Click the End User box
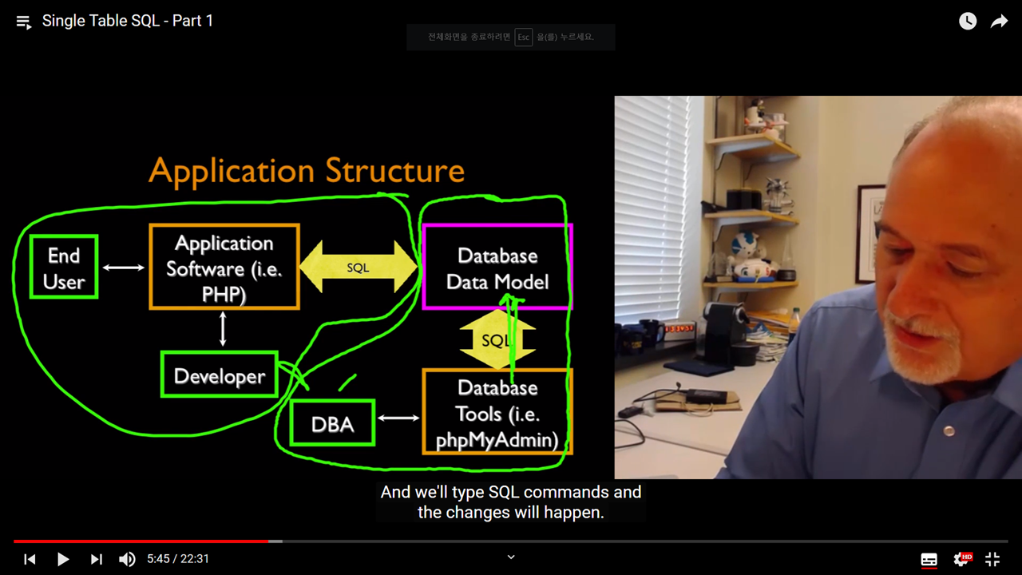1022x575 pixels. [x=63, y=268]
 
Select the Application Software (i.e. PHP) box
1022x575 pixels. [x=224, y=268]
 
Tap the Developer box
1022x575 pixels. [x=219, y=375]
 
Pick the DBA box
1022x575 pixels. [x=332, y=423]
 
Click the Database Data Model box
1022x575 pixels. [x=497, y=268]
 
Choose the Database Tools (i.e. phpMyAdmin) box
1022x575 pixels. [x=497, y=413]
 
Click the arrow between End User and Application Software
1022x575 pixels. [x=124, y=268]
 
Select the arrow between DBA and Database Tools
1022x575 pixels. [x=398, y=418]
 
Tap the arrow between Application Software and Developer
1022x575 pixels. [x=223, y=329]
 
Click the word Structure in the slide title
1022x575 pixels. [x=394, y=171]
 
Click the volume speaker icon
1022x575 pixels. [x=127, y=559]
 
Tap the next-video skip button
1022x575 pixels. [x=96, y=559]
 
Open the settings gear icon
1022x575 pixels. [x=962, y=559]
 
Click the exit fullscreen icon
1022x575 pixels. [x=992, y=559]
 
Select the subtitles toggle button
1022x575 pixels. [x=929, y=559]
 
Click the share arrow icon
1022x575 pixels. [x=999, y=22]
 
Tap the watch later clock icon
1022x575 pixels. [x=968, y=22]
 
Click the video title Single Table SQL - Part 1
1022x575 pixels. [x=128, y=22]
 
